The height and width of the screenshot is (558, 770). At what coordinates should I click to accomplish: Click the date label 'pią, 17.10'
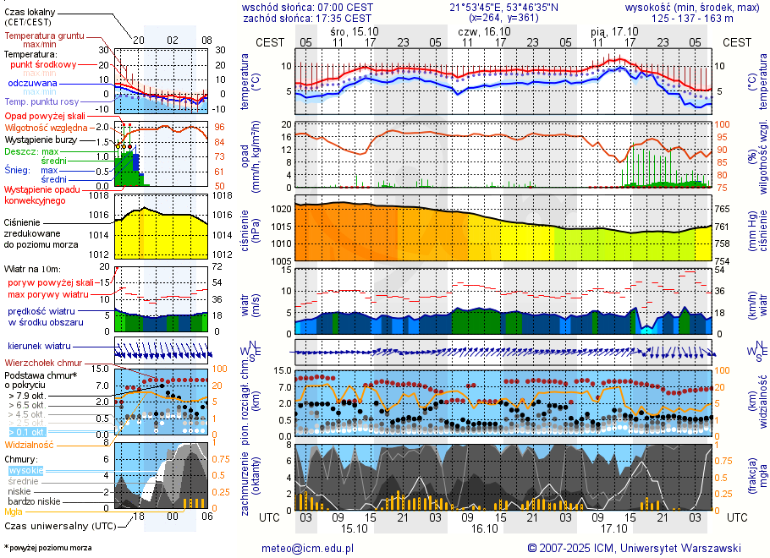coord(614,30)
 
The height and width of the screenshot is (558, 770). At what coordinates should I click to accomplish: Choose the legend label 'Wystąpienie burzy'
coord(41,139)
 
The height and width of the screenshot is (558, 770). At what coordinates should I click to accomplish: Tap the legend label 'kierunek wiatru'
coord(39,347)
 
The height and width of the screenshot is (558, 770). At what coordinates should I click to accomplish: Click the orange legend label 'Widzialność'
coord(30,444)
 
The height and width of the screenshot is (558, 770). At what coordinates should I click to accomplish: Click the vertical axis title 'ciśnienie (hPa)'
coord(249,232)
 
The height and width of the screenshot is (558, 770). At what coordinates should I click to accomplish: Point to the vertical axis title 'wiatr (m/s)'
coord(249,304)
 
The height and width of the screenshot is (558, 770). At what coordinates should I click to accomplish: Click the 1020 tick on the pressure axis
coord(280,208)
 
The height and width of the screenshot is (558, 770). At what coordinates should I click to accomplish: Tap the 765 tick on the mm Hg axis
coord(722,208)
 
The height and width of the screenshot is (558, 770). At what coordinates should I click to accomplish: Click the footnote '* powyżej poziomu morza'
coord(47,548)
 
